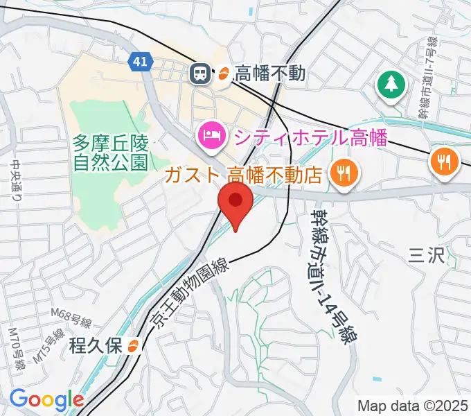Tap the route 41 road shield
click(x=141, y=62)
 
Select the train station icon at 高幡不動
click(x=202, y=72)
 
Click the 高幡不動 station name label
click(x=270, y=72)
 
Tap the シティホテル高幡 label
click(x=310, y=137)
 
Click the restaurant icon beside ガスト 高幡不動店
click(x=343, y=171)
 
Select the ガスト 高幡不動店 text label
click(x=244, y=173)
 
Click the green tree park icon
click(x=391, y=86)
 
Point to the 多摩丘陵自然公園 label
click(x=111, y=153)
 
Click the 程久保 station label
click(x=96, y=345)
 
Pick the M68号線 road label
click(x=71, y=320)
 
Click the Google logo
click(x=46, y=399)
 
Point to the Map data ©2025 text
click(x=413, y=406)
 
